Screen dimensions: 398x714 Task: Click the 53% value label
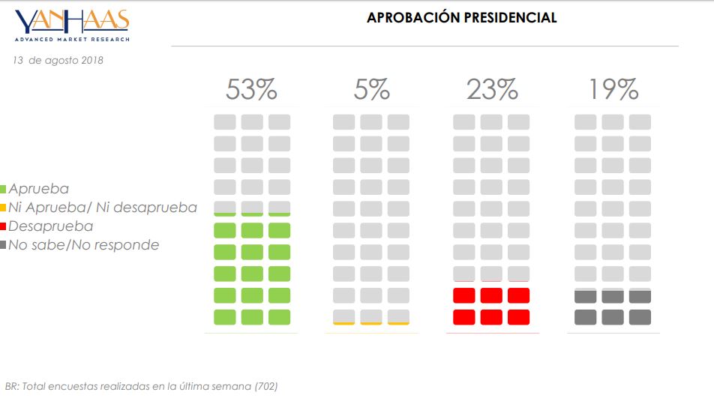coord(251,91)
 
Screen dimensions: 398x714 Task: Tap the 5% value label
coord(372,91)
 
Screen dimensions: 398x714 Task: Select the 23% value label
coord(492,91)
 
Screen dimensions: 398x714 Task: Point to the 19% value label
coord(613,91)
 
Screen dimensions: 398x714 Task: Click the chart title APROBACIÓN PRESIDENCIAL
coord(461,17)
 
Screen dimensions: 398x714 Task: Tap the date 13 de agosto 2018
coord(58,60)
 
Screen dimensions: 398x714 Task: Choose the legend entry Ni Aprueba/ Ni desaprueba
coord(103,208)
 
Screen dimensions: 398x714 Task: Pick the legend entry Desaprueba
coord(51,226)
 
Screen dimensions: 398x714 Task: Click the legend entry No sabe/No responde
coord(84,244)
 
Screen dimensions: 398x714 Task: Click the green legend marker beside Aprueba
coord(4,190)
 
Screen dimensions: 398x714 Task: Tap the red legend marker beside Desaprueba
coord(4,226)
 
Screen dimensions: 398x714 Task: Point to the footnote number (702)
coord(265,386)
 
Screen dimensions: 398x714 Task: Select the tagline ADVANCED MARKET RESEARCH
coord(72,39)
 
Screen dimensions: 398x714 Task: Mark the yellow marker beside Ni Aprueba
coord(4,208)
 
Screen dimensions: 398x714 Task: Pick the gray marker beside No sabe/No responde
coord(4,244)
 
